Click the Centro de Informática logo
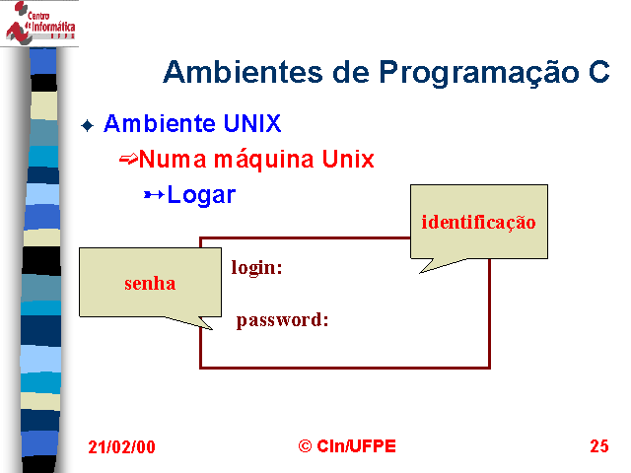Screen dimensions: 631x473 (39, 23)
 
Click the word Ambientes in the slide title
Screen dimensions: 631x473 (244, 72)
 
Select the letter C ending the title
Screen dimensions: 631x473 (599, 72)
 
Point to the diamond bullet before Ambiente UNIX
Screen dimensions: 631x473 (88, 125)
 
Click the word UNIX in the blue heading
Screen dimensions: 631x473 (252, 123)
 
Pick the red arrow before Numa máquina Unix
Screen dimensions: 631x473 (128, 160)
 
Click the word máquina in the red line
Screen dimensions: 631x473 (263, 160)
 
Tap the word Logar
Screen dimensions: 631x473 (201, 195)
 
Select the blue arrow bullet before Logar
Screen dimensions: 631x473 (154, 195)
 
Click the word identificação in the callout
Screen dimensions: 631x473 (478, 223)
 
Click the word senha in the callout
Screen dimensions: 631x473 (150, 284)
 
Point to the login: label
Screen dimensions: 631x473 (256, 268)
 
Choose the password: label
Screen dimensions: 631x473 (283, 320)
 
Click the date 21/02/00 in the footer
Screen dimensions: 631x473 (121, 446)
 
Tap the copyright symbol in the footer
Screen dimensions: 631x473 (305, 446)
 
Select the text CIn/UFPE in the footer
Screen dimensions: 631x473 (357, 446)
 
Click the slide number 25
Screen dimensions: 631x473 (599, 446)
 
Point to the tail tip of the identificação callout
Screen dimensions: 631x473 (420, 273)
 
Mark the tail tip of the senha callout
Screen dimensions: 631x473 (212, 329)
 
